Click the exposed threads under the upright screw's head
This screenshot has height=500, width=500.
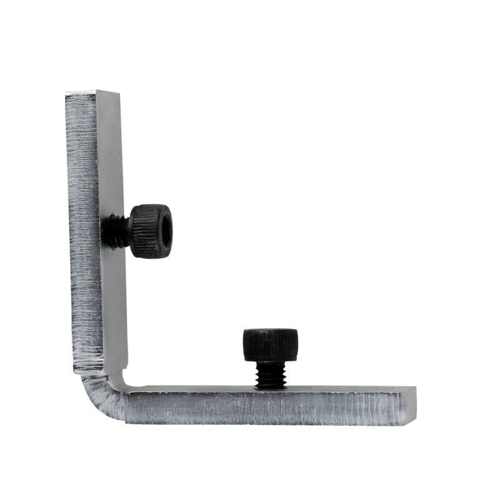(x=271, y=375)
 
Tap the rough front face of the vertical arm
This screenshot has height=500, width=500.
(x=82, y=237)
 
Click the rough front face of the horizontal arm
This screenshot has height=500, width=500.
(x=262, y=409)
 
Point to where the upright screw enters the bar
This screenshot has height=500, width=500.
(x=271, y=387)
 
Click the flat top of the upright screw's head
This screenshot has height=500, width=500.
(x=270, y=331)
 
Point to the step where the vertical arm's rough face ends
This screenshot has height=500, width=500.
(x=87, y=369)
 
